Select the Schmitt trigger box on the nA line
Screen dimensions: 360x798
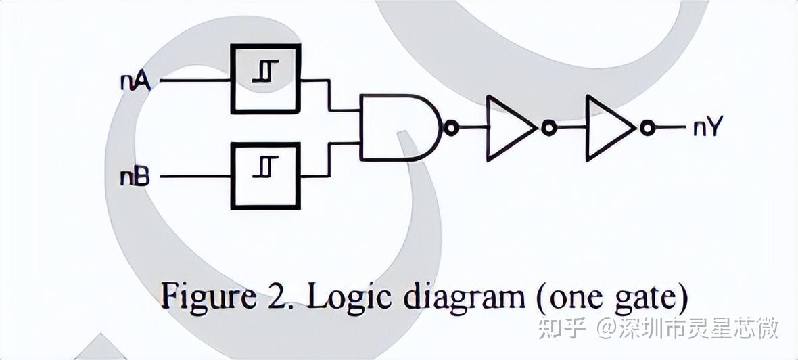pos(265,79)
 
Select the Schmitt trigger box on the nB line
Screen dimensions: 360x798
pos(265,175)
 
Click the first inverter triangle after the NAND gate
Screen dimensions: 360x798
pos(507,127)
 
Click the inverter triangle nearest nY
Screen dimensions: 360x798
pos(607,127)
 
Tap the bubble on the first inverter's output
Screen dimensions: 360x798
pos(548,127)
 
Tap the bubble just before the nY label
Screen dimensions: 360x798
pos(648,127)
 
